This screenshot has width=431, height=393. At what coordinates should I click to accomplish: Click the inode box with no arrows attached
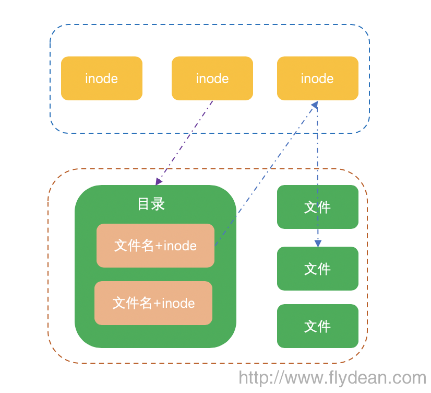click(x=101, y=78)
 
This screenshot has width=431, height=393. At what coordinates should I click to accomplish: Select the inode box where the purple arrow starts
click(x=212, y=78)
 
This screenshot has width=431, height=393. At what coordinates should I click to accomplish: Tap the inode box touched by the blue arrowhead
click(x=317, y=78)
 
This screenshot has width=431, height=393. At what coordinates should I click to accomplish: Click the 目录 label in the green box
click(x=151, y=204)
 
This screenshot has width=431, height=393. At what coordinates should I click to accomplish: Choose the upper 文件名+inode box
click(x=155, y=246)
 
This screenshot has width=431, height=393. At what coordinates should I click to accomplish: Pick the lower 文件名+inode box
click(x=153, y=303)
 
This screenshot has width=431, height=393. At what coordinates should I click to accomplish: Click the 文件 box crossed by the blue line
click(x=317, y=207)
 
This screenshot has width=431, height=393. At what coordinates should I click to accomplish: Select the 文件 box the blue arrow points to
click(x=317, y=269)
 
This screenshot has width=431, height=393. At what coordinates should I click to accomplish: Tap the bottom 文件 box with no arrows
click(x=317, y=326)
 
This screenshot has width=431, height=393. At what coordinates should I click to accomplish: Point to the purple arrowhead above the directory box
click(x=159, y=181)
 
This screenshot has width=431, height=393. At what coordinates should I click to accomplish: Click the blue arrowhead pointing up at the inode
click(x=315, y=105)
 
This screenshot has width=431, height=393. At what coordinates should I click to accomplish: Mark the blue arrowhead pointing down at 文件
click(x=318, y=243)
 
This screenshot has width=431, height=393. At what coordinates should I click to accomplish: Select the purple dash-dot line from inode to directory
click(x=185, y=141)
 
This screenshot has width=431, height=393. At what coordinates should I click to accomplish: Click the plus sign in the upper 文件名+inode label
click(x=159, y=246)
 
